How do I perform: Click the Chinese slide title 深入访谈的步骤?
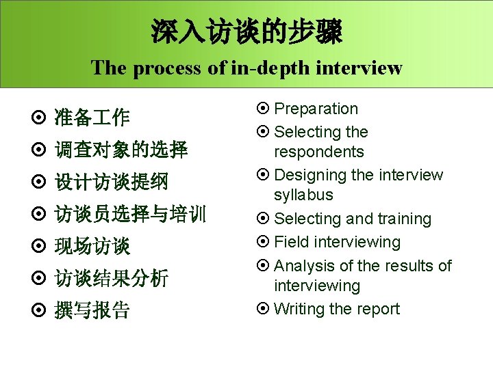(246, 31)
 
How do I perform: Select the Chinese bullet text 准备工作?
(91, 118)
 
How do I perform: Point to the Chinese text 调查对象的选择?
(121, 150)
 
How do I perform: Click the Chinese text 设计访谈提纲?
(111, 182)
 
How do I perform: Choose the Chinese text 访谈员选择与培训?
(130, 215)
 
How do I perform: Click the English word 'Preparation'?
(316, 109)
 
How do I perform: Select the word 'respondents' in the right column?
(318, 152)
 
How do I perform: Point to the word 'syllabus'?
(303, 195)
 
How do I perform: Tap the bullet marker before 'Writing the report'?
(263, 309)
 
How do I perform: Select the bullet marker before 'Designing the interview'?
(263, 176)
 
